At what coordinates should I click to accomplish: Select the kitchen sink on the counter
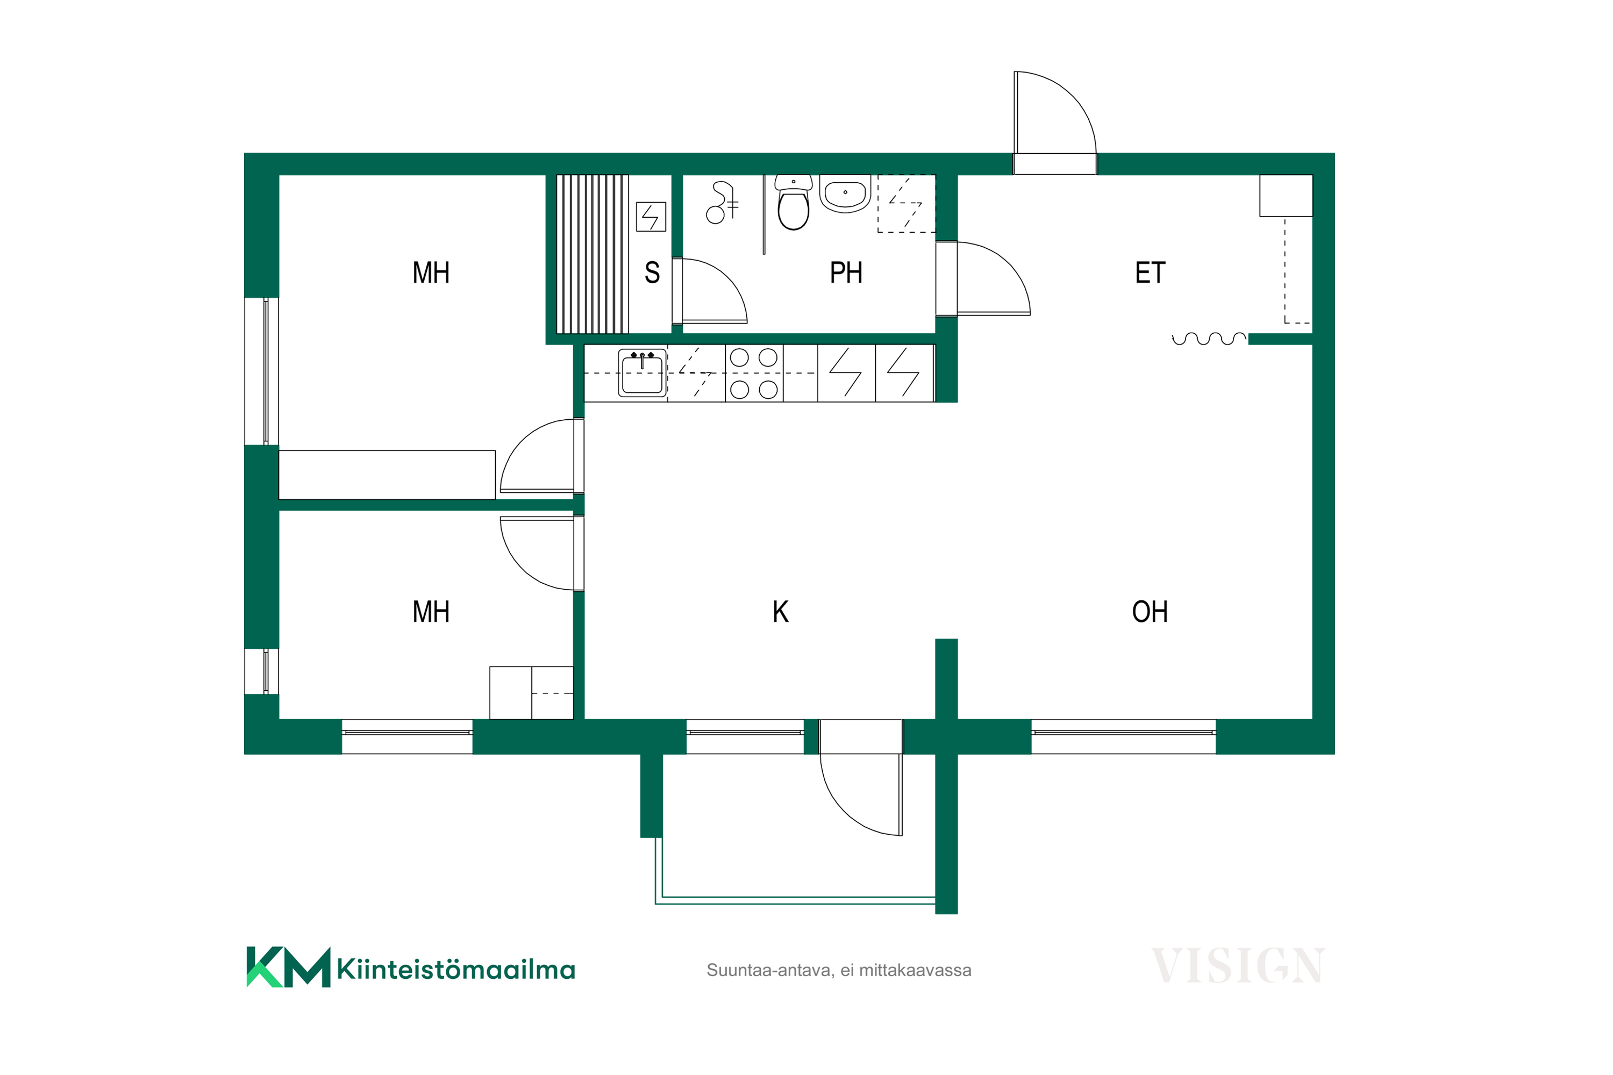(643, 373)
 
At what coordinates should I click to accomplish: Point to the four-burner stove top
(754, 374)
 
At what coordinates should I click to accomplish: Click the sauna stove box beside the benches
(651, 217)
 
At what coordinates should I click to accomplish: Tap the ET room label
(1150, 273)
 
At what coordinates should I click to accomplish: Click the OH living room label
(1150, 612)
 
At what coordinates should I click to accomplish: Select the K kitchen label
(781, 612)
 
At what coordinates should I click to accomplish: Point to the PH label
(846, 273)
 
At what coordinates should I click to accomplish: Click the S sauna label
(652, 273)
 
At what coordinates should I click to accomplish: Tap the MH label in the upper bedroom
(431, 273)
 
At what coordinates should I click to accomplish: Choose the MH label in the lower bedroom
(431, 612)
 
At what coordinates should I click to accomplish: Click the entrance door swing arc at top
(1073, 96)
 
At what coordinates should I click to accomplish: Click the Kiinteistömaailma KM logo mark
(288, 966)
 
